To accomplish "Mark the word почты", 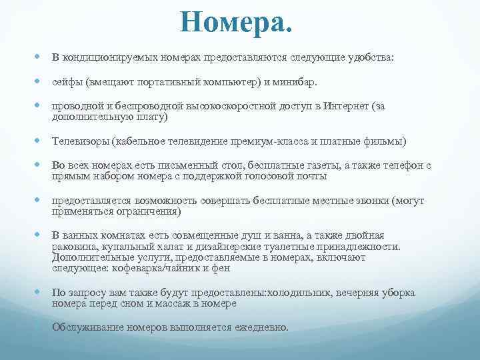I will coord(309,177).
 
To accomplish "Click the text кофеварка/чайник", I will coord(143,268).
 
